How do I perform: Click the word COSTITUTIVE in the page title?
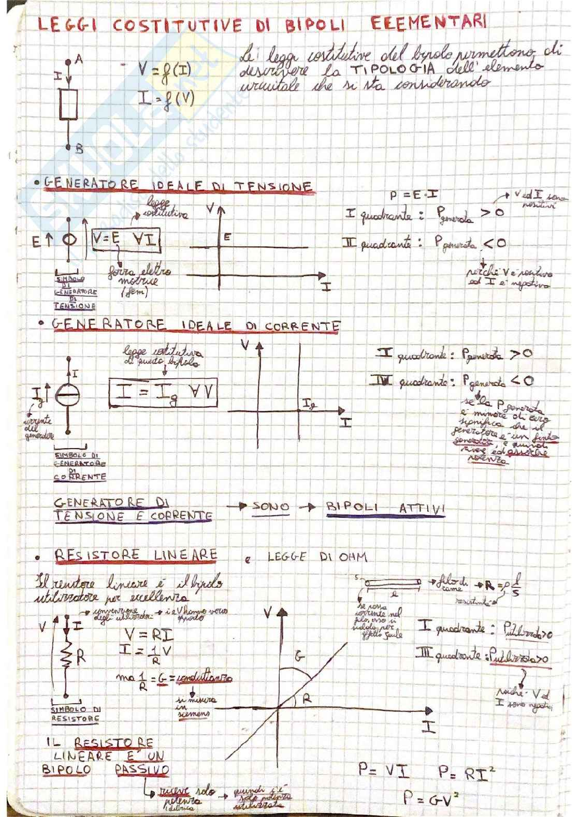pyautogui.click(x=177, y=25)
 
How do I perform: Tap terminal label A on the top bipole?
pyautogui.click(x=79, y=60)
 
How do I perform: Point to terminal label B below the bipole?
pyautogui.click(x=79, y=150)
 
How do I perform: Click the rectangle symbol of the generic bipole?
pyautogui.click(x=68, y=104)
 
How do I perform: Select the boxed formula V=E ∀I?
pyautogui.click(x=125, y=239)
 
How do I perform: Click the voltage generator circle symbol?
pyautogui.click(x=69, y=240)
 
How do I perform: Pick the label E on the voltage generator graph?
pyautogui.click(x=227, y=237)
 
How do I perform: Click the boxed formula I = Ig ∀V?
pyautogui.click(x=163, y=392)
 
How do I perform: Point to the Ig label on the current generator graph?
pyautogui.click(x=309, y=404)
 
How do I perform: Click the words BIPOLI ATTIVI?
pyautogui.click(x=385, y=508)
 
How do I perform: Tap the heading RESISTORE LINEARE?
pyautogui.click(x=136, y=555)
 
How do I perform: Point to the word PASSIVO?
pyautogui.click(x=142, y=769)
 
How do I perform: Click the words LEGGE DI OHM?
pyautogui.click(x=317, y=557)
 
